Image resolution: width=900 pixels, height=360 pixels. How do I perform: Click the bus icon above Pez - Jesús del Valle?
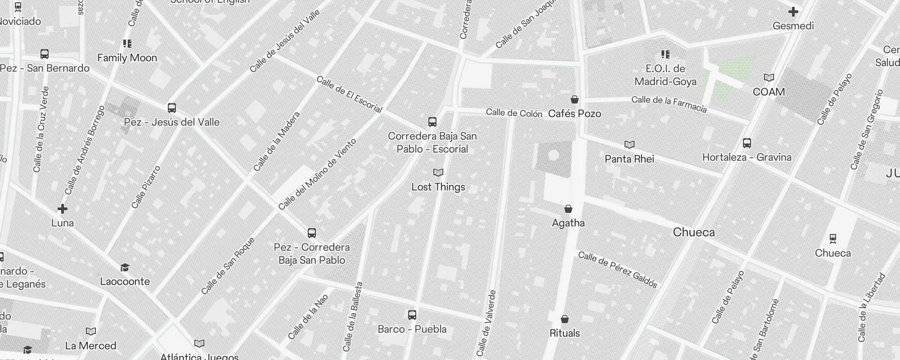(x=171, y=108)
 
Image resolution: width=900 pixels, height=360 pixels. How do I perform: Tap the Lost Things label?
(x=438, y=187)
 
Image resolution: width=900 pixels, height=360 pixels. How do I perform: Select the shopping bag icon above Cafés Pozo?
(x=575, y=99)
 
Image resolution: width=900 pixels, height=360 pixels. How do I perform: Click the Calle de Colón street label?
(x=514, y=113)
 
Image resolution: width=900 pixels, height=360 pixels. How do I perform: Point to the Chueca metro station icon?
(x=833, y=238)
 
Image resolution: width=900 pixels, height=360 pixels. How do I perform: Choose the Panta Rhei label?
(x=630, y=159)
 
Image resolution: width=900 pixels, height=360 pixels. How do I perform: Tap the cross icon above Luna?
(x=63, y=209)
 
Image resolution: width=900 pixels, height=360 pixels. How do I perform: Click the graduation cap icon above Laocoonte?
(x=125, y=268)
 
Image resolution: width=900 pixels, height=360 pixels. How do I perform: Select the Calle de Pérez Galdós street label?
(x=618, y=269)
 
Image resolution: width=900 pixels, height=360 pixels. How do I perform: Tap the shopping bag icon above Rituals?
(x=565, y=319)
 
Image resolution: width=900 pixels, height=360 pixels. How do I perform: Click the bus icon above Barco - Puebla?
(x=412, y=315)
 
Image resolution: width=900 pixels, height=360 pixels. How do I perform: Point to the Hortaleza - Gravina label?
(x=747, y=157)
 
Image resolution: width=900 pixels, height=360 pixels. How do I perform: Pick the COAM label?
(x=769, y=92)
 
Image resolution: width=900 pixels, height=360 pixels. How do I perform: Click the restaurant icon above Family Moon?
(x=127, y=44)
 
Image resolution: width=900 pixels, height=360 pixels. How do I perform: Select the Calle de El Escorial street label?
(x=349, y=94)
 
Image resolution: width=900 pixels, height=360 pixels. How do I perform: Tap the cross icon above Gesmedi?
(x=793, y=12)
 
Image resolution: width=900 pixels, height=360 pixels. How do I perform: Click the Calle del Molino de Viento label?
(x=317, y=174)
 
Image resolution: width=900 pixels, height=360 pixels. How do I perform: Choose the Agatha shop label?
(x=568, y=223)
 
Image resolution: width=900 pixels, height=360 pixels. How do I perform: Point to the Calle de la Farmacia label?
(x=669, y=104)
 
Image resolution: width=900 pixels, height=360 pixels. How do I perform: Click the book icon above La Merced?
(x=91, y=332)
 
